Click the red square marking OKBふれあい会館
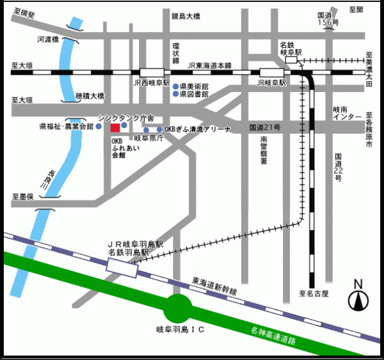[115, 127]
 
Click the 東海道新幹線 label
[214, 286]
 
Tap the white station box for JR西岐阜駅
[152, 73]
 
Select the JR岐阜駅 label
[269, 83]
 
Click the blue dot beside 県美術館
[175, 85]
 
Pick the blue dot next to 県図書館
[175, 93]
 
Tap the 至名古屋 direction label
[313, 294]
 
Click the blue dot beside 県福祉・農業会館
[99, 127]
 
